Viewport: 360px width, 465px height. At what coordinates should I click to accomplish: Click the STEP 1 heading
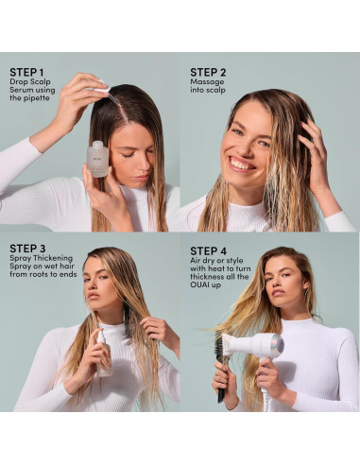pyautogui.click(x=26, y=72)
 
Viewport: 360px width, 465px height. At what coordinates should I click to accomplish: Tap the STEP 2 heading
pyautogui.click(x=208, y=72)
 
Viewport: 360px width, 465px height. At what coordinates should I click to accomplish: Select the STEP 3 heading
pyautogui.click(x=27, y=249)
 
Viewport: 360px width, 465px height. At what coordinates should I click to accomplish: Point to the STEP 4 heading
pyautogui.click(x=209, y=251)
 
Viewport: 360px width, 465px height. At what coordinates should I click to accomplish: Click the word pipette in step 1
pyautogui.click(x=37, y=98)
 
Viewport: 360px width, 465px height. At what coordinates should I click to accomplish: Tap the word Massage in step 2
pyautogui.click(x=207, y=81)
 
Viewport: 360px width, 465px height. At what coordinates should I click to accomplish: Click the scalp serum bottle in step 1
pyautogui.click(x=98, y=159)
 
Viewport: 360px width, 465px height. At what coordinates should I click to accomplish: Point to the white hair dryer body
pyautogui.click(x=252, y=344)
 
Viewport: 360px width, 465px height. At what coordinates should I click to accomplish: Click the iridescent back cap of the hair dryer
pyautogui.click(x=278, y=345)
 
